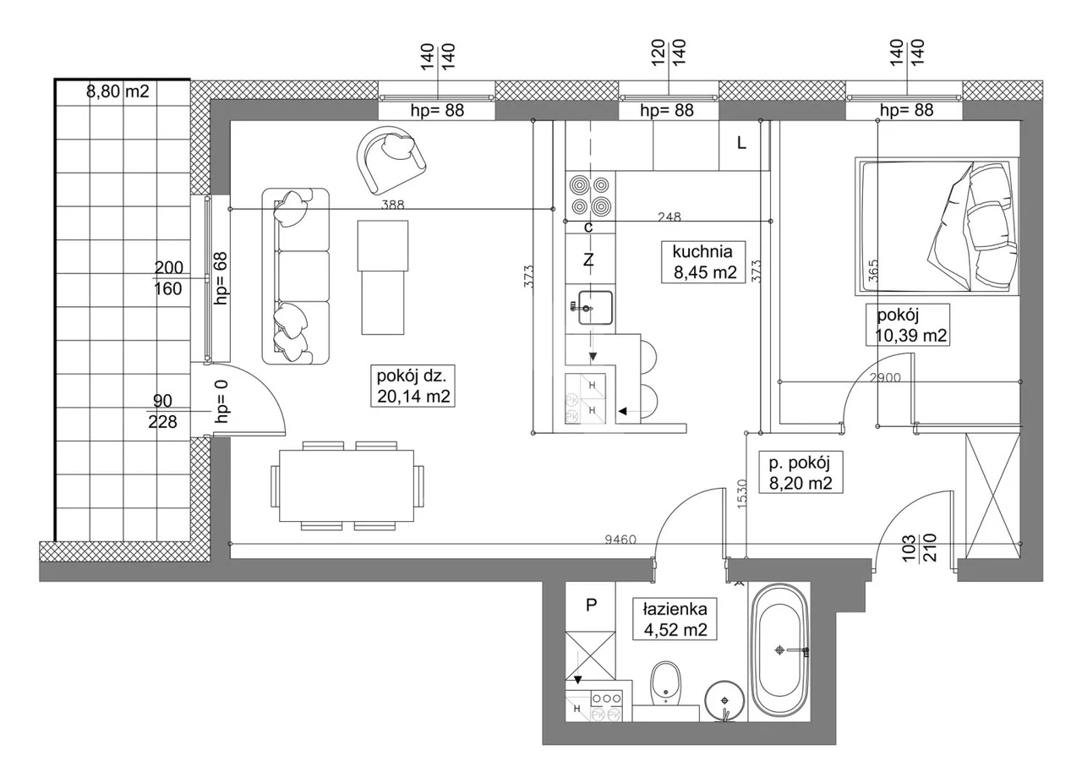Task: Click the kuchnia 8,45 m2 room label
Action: click(702, 261)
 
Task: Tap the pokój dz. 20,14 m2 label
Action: click(413, 385)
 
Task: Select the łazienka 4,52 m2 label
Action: click(675, 619)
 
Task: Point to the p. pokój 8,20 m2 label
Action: click(801, 472)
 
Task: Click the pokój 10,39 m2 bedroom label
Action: click(908, 325)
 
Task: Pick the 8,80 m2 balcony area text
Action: click(117, 90)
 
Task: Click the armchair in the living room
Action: click(391, 160)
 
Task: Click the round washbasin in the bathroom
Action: click(724, 700)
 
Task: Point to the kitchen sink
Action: click(595, 307)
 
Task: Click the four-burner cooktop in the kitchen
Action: click(589, 195)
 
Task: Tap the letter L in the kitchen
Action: click(741, 143)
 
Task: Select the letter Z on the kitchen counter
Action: click(588, 260)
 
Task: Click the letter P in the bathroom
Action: click(591, 604)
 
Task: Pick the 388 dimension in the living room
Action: click(392, 205)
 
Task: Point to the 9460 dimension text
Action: click(620, 540)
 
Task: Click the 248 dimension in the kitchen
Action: click(669, 217)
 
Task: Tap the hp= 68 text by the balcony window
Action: click(221, 278)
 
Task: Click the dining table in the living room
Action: click(347, 485)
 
